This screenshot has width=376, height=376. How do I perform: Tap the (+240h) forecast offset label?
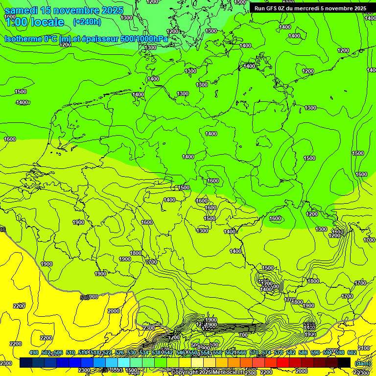point(87,22)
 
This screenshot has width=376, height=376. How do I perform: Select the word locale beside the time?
point(47,22)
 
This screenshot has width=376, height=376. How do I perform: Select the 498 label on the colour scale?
point(34,353)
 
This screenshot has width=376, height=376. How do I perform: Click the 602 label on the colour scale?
point(352,353)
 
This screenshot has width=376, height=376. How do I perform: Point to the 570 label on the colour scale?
point(254,353)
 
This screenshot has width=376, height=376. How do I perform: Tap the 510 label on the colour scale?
point(70,353)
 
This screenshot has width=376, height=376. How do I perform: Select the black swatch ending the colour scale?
point(344,363)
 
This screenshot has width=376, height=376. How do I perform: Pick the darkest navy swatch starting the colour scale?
point(26,363)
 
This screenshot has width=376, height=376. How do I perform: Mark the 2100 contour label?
point(364,348)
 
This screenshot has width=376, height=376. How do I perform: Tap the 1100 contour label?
point(337,232)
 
